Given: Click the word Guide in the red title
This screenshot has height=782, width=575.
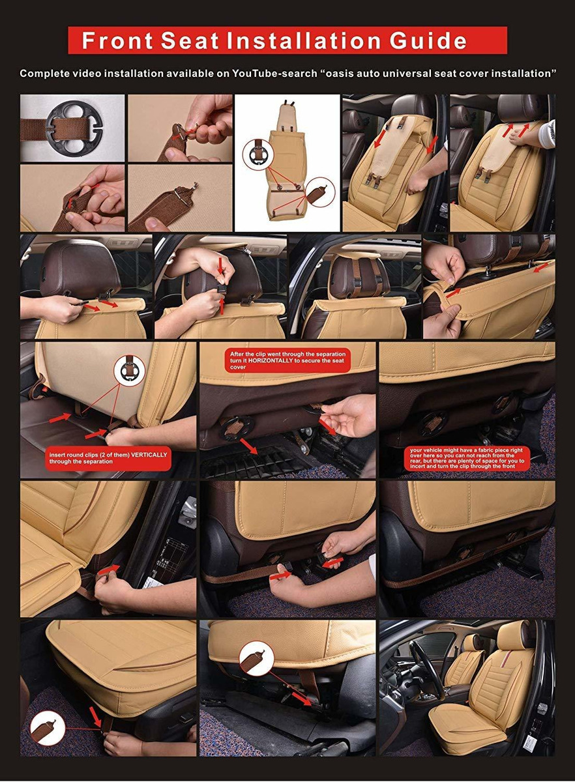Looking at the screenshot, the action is [428, 40].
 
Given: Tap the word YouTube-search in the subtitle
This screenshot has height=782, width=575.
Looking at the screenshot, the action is [274, 74].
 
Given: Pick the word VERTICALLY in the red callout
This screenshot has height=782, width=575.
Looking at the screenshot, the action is [149, 455].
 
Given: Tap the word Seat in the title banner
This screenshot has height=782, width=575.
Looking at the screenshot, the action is [190, 40].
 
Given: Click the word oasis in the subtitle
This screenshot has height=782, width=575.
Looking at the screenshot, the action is [339, 74].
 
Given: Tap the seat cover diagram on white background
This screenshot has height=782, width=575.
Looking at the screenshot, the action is [287, 163].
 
